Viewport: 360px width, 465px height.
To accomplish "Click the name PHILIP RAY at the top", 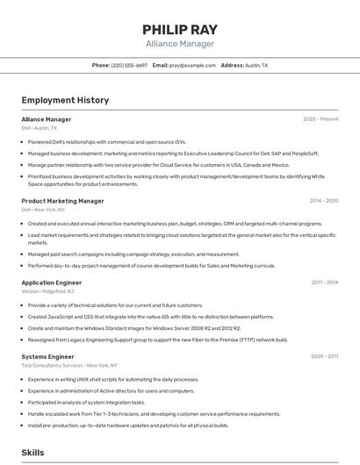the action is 179,30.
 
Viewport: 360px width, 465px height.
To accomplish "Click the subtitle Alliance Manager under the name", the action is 179,44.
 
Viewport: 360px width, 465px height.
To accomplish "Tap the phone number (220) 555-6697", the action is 129,65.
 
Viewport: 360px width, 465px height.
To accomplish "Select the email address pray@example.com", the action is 192,65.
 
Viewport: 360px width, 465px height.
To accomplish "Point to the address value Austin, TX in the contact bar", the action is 256,65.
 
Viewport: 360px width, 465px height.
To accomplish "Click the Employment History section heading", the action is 65,100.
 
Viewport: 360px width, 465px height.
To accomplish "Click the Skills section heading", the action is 32,452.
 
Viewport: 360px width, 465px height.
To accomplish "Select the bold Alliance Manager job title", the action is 47,119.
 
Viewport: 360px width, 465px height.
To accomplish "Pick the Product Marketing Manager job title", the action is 62,201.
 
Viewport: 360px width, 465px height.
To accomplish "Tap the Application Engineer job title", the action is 52,283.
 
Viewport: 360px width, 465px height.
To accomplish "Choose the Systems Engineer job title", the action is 47,356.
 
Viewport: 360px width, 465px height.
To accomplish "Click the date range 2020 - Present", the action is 320,119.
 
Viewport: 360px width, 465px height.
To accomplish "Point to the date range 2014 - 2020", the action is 323,201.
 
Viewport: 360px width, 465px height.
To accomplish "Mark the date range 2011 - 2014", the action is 324,283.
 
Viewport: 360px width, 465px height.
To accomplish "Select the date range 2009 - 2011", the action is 324,356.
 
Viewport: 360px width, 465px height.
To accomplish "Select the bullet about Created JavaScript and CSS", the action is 150,317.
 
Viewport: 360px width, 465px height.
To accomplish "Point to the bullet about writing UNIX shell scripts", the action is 112,379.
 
